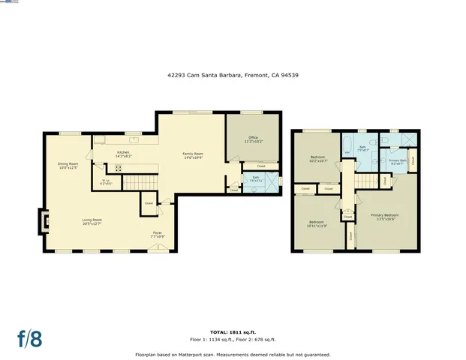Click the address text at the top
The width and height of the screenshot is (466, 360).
[x=233, y=75]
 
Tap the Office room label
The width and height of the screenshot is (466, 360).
[x=253, y=139]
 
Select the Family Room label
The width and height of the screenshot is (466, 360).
[x=194, y=155]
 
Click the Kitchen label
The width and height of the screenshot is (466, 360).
[x=123, y=153]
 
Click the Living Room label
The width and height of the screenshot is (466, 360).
[x=92, y=221]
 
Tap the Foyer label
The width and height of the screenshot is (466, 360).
[x=158, y=234]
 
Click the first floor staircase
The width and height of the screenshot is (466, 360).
[x=138, y=181]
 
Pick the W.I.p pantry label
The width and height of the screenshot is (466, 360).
[x=106, y=181]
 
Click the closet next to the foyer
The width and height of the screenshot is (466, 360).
[x=149, y=203]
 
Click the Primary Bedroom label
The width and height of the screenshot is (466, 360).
[x=384, y=217]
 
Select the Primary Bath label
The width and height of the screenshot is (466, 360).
[x=397, y=161]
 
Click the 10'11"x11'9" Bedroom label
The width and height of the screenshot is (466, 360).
[x=315, y=223]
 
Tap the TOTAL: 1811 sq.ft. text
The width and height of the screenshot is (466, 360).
[x=233, y=331]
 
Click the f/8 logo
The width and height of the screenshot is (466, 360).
[x=30, y=338]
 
